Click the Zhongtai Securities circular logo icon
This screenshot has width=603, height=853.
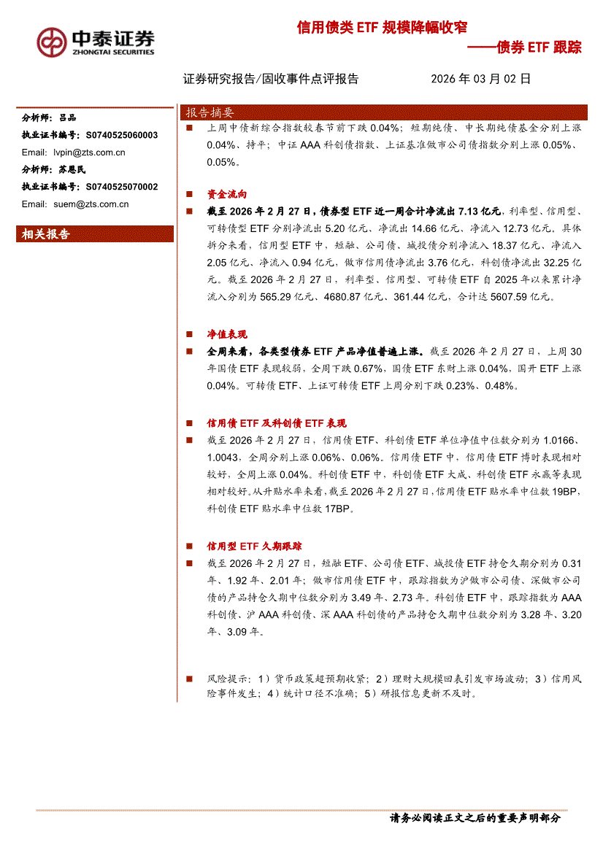pyautogui.click(x=52, y=42)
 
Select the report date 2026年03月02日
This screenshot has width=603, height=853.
pyautogui.click(x=480, y=79)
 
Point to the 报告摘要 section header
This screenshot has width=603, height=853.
pyautogui.click(x=210, y=112)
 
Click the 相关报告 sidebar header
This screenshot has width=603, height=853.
pyautogui.click(x=46, y=234)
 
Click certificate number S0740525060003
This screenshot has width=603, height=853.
pyautogui.click(x=121, y=135)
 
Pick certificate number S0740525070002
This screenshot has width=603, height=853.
pyautogui.click(x=121, y=187)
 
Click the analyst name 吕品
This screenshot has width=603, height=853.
pyautogui.click(x=67, y=117)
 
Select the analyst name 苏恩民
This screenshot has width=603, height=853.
pyautogui.click(x=72, y=169)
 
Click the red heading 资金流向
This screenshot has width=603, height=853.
pyautogui.click(x=227, y=195)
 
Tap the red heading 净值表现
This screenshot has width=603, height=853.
pyautogui.click(x=227, y=334)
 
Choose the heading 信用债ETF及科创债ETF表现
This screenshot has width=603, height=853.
pyautogui.click(x=277, y=423)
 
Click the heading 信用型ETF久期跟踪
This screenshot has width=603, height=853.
pyautogui.click(x=254, y=546)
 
